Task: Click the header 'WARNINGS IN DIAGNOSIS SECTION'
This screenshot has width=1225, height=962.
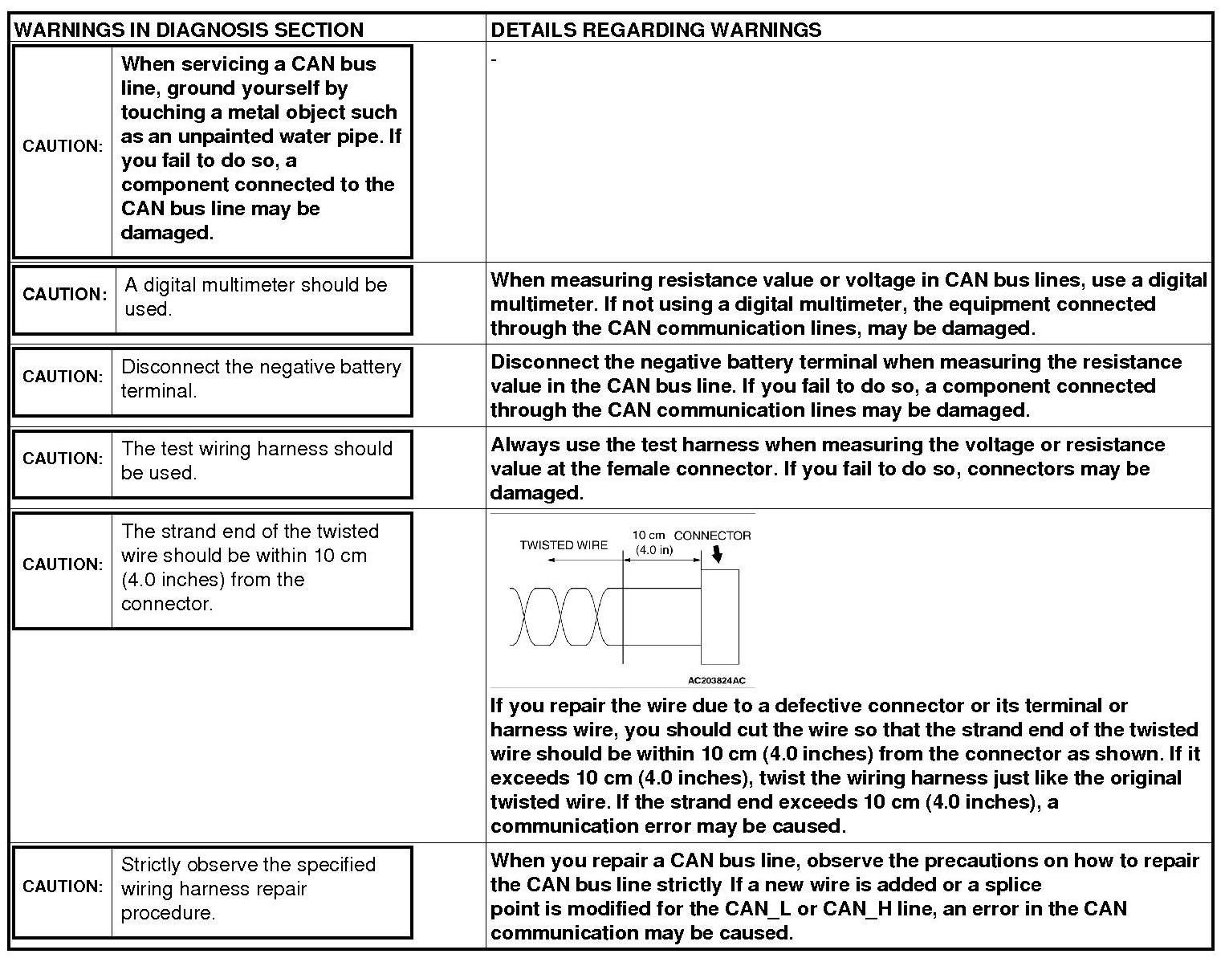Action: click(189, 31)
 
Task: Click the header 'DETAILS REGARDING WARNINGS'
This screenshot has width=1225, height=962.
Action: click(656, 31)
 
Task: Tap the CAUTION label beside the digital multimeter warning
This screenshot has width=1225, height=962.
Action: click(64, 295)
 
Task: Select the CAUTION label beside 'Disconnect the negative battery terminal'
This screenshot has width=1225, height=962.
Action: click(63, 377)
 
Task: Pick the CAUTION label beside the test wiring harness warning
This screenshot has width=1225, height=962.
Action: click(63, 459)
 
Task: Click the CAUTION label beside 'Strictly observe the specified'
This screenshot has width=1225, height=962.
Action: click(63, 887)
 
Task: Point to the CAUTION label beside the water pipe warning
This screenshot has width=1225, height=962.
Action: click(63, 146)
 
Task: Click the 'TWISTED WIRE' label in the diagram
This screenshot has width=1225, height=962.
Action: click(564, 545)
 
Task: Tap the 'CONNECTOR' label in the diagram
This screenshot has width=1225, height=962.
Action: click(712, 536)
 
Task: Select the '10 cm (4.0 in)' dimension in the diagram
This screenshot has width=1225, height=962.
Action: click(653, 543)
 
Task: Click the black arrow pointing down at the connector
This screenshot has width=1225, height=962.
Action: click(717, 555)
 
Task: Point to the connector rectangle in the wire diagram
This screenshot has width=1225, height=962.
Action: click(719, 616)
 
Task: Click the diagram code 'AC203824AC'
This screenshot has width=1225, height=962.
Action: click(716, 681)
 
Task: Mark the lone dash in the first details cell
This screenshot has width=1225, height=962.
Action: click(494, 60)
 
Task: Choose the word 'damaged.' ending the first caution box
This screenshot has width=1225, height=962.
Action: click(167, 233)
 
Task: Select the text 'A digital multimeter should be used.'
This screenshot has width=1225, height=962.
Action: click(255, 297)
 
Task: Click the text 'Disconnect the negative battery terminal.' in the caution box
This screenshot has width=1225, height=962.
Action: click(261, 379)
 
